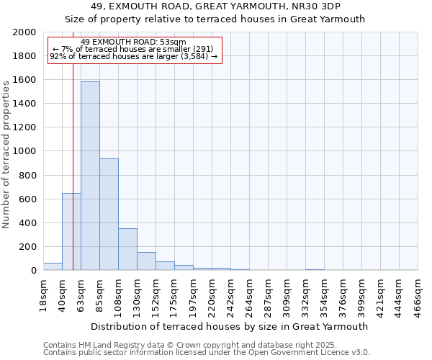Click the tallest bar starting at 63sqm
[90, 176]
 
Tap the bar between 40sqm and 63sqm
[71, 232]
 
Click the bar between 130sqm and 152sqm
[146, 261]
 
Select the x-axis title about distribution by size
[230, 326]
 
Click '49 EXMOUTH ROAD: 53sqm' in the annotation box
[133, 42]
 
